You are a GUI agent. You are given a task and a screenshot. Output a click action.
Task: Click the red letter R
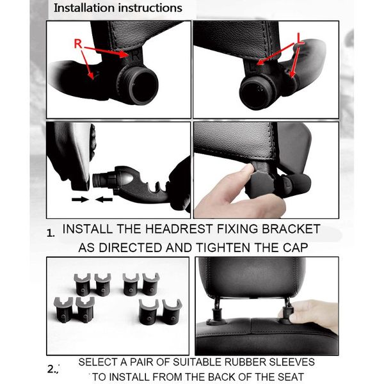[78, 44]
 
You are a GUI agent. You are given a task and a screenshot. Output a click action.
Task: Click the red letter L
[298, 39]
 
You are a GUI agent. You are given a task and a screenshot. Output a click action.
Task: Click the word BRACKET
[289, 229]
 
